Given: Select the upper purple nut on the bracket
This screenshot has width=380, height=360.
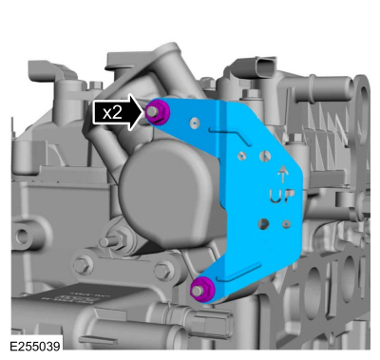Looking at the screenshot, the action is [x=157, y=111].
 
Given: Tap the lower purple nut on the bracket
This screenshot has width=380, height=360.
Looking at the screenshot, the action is [x=202, y=290].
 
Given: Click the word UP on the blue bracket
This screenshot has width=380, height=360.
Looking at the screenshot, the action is [x=282, y=196].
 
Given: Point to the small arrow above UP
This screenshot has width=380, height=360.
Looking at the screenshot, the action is [x=282, y=175].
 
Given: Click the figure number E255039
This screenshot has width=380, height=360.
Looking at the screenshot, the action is [x=34, y=347].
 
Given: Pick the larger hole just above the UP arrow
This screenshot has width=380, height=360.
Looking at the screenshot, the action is [x=265, y=156].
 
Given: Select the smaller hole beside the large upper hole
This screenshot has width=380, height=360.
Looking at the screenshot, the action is [x=243, y=156].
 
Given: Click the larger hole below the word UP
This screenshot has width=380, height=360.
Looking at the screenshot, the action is [x=263, y=223].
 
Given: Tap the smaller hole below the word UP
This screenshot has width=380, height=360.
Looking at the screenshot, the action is [x=286, y=224].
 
